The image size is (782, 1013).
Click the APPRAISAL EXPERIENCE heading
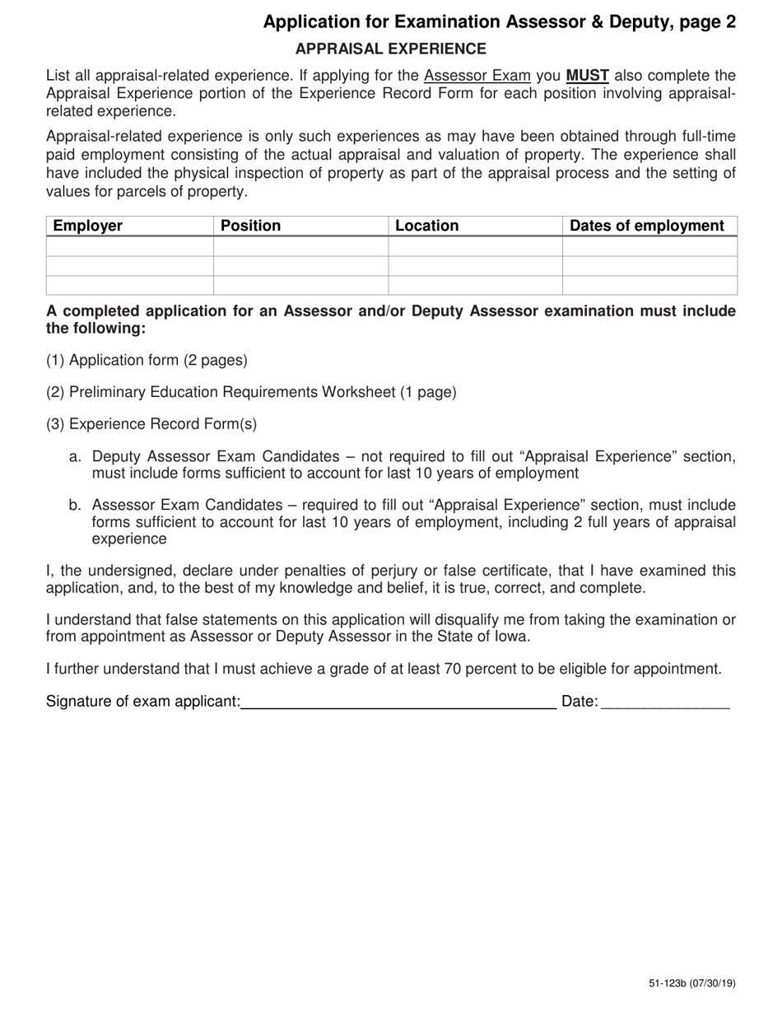[391, 49]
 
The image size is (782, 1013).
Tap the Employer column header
[88, 226]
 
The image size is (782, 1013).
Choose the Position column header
[251, 226]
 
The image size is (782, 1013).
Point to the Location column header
[426, 226]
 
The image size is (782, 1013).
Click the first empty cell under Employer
[130, 246]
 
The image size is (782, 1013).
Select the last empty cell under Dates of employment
[649, 285]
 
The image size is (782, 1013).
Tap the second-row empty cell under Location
[475, 265]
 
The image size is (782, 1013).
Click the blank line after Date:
[665, 702]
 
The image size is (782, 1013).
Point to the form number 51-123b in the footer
[666, 983]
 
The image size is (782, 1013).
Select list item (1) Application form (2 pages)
[147, 360]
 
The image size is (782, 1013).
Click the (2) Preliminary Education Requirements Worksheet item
[251, 392]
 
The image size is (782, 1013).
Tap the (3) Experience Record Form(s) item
[151, 424]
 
